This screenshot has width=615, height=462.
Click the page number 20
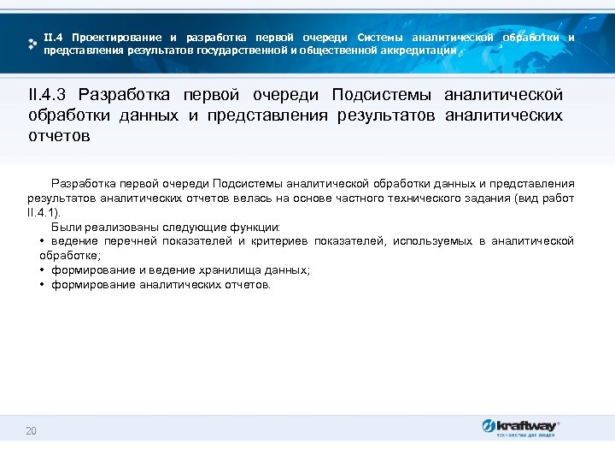pyautogui.click(x=32, y=430)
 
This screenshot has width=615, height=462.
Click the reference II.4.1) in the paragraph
pyautogui.click(x=44, y=213)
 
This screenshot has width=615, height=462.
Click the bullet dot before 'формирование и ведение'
pyautogui.click(x=42, y=269)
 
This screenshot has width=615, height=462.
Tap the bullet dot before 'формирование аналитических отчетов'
pyautogui.click(x=42, y=284)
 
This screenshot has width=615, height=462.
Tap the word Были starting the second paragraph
pyautogui.click(x=64, y=228)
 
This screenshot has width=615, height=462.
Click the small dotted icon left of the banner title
pyautogui.click(x=32, y=43)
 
